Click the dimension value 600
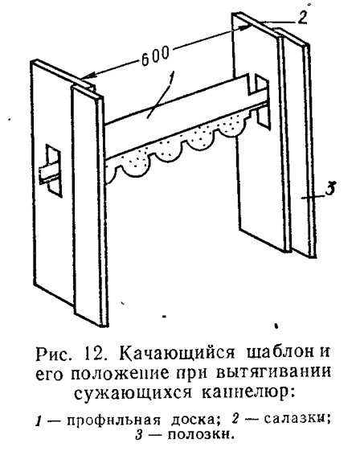click(x=155, y=56)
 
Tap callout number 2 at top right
click(x=301, y=17)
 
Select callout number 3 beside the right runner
click(x=329, y=188)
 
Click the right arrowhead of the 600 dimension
click(x=243, y=27)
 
